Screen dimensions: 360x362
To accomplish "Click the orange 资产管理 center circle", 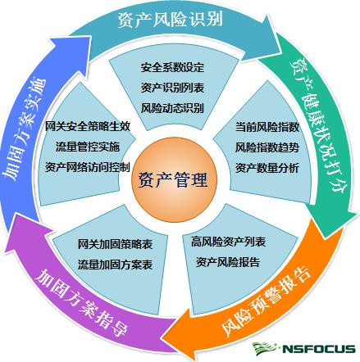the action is click(x=174, y=181).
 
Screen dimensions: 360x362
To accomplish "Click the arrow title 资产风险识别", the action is click(x=171, y=19).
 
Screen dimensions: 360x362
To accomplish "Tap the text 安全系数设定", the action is click(x=172, y=67).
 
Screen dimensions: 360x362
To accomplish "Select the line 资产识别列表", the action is click(x=172, y=88).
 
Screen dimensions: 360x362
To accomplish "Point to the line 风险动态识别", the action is click(x=172, y=108).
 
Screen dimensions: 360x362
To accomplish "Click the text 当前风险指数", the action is click(x=267, y=127).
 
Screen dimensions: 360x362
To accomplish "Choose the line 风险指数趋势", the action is click(x=267, y=147).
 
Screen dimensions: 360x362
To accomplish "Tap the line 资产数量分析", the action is click(x=267, y=168).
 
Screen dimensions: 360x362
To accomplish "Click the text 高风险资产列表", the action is click(x=228, y=242).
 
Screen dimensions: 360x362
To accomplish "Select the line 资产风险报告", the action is click(x=228, y=262).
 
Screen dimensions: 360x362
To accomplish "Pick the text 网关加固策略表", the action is click(x=115, y=244).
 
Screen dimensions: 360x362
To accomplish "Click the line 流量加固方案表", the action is click(x=115, y=265).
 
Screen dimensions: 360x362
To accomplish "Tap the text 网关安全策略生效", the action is click(x=88, y=126).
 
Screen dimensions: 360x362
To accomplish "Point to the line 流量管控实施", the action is click(x=88, y=147).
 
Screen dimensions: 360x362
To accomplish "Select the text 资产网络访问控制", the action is click(x=88, y=167).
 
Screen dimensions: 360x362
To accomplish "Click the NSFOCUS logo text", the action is click(x=318, y=349).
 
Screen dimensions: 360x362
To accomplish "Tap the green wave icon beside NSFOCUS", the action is click(x=264, y=349).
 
